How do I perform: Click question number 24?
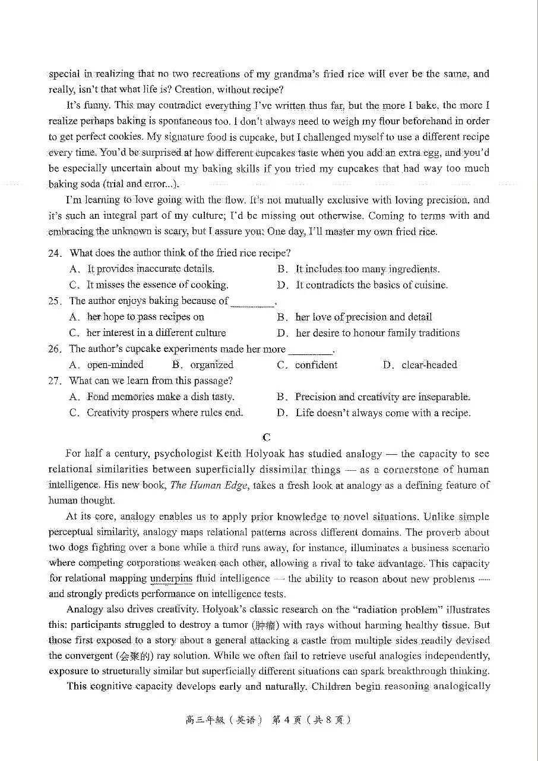55,253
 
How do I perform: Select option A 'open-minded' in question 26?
115,365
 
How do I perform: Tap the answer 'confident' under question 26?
316,365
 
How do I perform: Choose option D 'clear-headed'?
429,365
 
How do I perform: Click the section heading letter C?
267,438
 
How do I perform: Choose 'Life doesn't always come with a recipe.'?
383,413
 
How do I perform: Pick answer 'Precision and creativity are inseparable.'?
383,397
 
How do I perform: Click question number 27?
55,381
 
